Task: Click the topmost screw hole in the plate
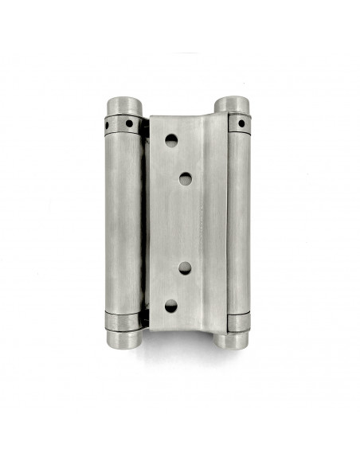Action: point(170,140)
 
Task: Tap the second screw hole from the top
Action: point(185,178)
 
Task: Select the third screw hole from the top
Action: point(185,268)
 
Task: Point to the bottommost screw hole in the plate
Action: point(170,305)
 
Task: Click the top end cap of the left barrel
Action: point(123,106)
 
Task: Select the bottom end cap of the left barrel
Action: point(124,339)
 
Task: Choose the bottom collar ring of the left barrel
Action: point(124,320)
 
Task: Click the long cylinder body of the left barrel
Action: point(123,223)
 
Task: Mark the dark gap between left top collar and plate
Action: point(146,126)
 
